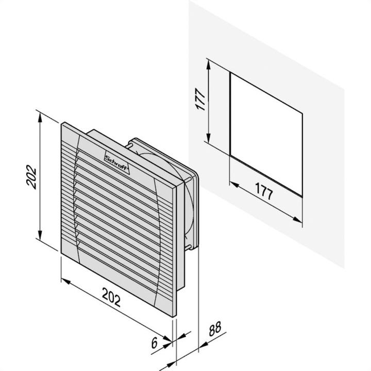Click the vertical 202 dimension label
32,177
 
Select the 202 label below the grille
111,297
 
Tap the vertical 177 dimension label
200,99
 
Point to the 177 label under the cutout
264,191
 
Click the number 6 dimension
154,343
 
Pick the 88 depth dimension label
215,329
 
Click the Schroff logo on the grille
117,163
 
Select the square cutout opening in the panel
266,134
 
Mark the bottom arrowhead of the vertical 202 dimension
40,234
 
